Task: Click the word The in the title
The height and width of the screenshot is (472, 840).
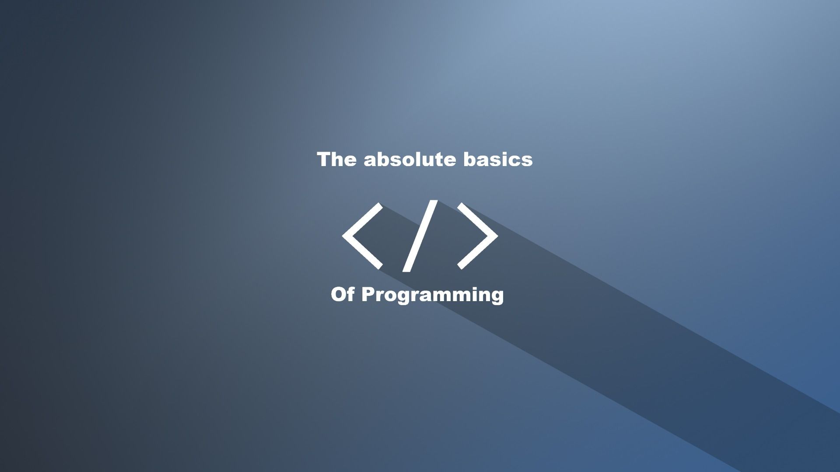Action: (x=336, y=160)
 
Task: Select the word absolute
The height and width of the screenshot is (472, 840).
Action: (x=410, y=160)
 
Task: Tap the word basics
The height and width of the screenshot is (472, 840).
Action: (x=498, y=160)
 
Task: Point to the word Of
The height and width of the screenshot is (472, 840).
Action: (x=343, y=295)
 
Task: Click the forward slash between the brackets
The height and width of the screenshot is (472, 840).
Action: (x=420, y=236)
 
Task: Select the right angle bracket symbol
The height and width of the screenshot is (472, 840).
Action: (x=478, y=236)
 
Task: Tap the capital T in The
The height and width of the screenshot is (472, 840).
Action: (x=324, y=160)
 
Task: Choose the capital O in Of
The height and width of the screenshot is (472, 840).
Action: (x=339, y=295)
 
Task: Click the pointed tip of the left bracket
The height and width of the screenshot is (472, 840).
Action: (x=344, y=236)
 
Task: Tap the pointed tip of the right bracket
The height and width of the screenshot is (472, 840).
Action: (x=497, y=236)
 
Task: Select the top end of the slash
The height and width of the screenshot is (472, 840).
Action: (x=433, y=202)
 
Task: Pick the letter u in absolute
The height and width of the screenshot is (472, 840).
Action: (x=426, y=161)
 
